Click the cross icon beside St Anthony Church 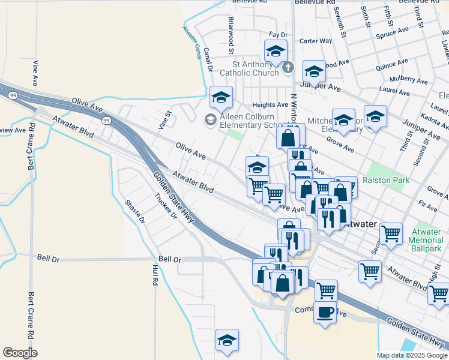pos(288,67)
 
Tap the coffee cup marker pos(325,313)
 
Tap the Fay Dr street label pos(279,35)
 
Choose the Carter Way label pos(316,41)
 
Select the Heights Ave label pos(270,104)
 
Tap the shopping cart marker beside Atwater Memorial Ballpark pos(391,232)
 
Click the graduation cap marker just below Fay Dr pos(276,51)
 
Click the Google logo pos(20,353)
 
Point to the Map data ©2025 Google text pos(412,355)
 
